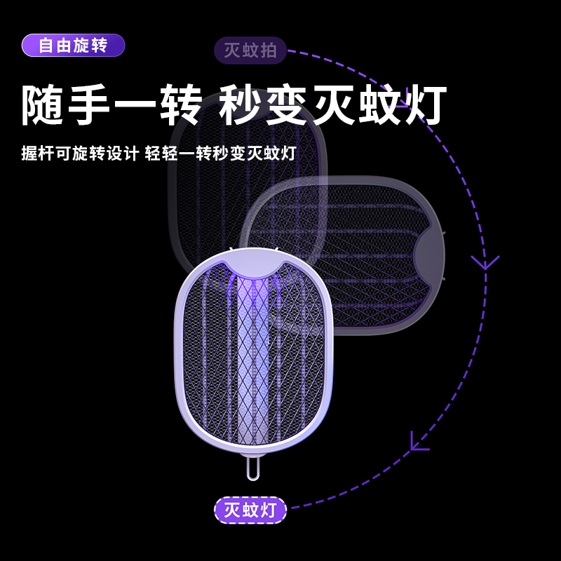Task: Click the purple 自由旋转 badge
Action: click(x=73, y=46)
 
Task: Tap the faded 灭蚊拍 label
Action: click(x=250, y=50)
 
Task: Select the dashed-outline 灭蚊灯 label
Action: click(x=250, y=510)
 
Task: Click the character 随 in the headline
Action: click(x=44, y=107)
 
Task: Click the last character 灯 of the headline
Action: click(x=425, y=107)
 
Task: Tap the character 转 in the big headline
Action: click(x=180, y=107)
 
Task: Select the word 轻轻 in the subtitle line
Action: click(x=157, y=154)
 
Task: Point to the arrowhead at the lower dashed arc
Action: click(x=419, y=441)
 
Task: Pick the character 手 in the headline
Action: click(x=89, y=107)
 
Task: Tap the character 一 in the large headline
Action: click(x=135, y=107)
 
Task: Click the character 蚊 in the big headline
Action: click(x=379, y=107)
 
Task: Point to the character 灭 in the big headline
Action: click(x=333, y=107)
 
